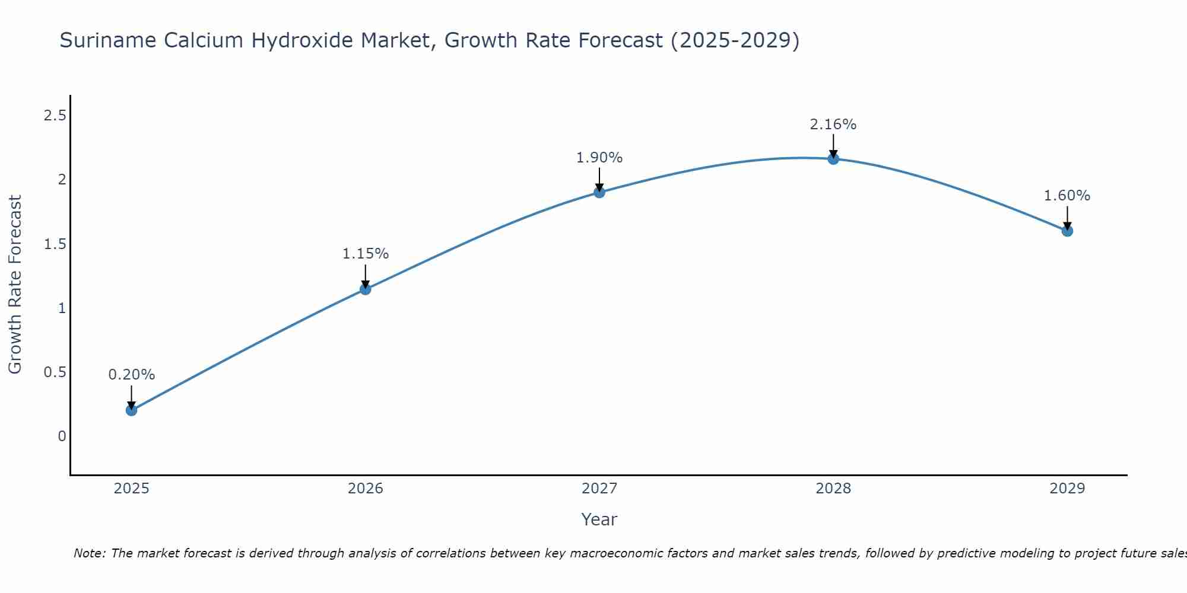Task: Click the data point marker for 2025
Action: pos(132,410)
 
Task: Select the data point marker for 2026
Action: pos(366,289)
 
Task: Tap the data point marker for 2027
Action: pos(599,192)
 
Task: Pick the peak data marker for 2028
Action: pos(833,158)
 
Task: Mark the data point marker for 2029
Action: pos(1067,231)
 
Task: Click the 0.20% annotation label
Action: pos(132,375)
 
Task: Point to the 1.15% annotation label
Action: pos(366,254)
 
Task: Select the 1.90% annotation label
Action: pos(599,158)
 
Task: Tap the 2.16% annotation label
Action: pos(833,125)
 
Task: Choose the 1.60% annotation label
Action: pos(1067,196)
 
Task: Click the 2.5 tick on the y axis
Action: pos(55,116)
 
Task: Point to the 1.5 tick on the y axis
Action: pos(55,244)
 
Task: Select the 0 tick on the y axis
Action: pos(62,436)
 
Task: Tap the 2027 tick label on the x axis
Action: pos(599,489)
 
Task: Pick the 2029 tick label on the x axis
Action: pos(1067,489)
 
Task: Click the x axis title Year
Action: pos(599,519)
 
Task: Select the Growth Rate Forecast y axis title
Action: pos(15,285)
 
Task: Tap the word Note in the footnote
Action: pos(89,553)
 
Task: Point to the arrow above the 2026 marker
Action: pos(366,276)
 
